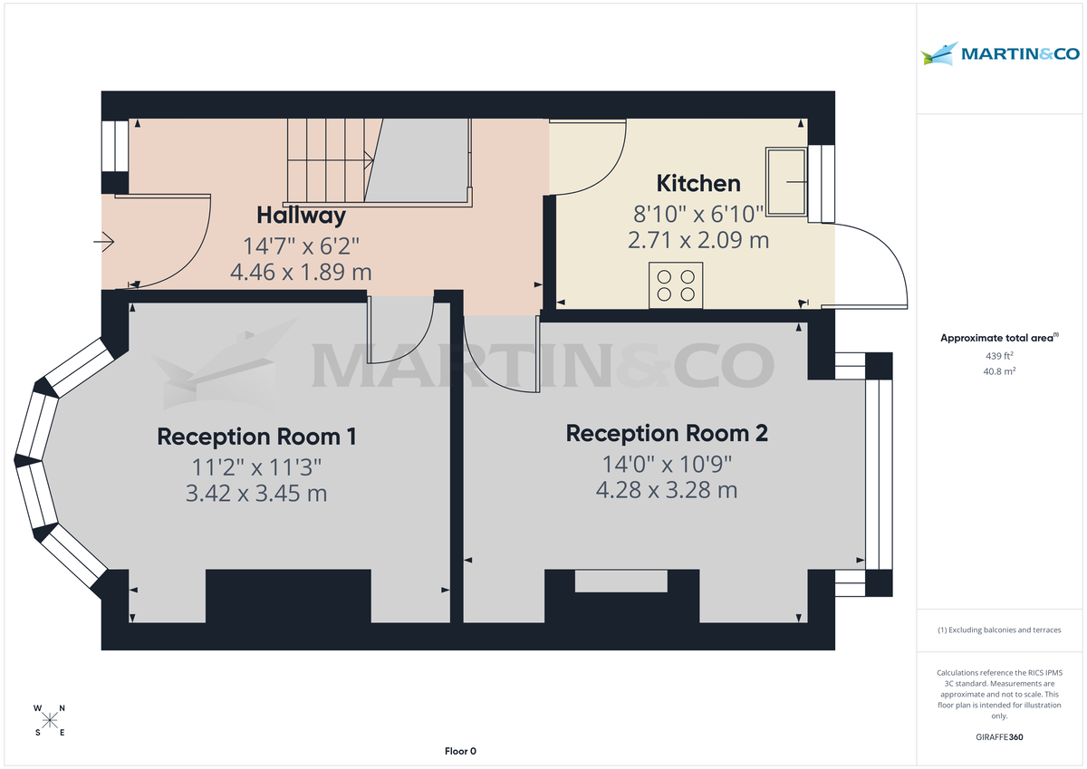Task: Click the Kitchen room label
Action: click(x=697, y=184)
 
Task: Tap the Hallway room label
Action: click(x=301, y=216)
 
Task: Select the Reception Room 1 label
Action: click(x=256, y=437)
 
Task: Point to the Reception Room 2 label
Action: click(x=667, y=434)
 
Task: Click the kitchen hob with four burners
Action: click(x=676, y=284)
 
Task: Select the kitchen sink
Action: click(x=786, y=182)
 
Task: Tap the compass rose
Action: click(x=50, y=720)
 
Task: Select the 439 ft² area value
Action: click(x=1000, y=356)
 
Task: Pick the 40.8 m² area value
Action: click(x=1000, y=371)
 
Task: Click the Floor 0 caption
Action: click(x=460, y=751)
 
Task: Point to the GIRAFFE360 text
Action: click(x=1000, y=737)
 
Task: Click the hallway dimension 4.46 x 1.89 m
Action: click(x=301, y=272)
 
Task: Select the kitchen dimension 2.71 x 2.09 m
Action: click(x=697, y=241)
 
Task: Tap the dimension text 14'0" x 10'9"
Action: click(x=667, y=464)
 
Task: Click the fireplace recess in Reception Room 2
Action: click(x=621, y=581)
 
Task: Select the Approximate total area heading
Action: click(x=998, y=338)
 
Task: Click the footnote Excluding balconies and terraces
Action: click(x=1000, y=630)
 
